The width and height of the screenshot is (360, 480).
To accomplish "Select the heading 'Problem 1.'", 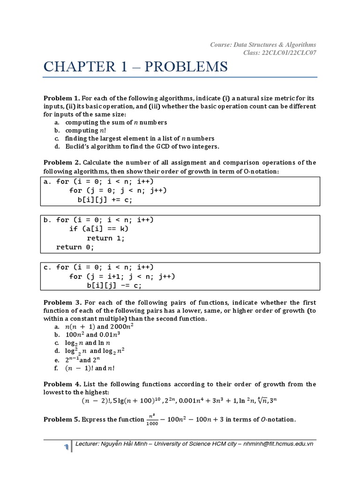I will pos(62,98).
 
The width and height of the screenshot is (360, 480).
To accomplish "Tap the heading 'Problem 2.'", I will pos(62,163).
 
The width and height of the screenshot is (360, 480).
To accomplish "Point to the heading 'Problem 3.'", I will pos(62,302).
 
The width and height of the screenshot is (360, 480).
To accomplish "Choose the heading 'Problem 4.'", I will pos(62,384).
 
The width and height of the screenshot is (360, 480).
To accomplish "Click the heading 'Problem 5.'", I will pos(62,420).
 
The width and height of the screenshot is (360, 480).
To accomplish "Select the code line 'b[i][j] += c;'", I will pos(105,199).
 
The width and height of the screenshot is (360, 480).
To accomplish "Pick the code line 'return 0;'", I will pos(75,247).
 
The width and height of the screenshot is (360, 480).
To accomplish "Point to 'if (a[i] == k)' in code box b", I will pos(98,229).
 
